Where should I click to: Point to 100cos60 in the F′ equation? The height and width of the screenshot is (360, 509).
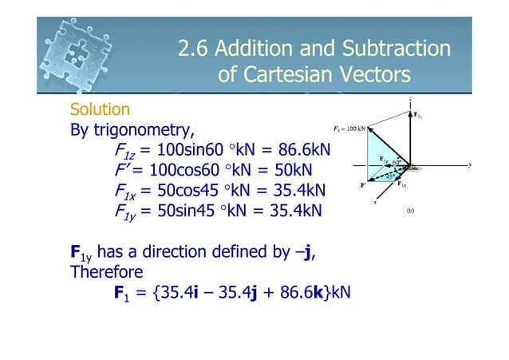point(191,170)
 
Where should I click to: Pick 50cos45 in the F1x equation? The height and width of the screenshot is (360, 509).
point(192,191)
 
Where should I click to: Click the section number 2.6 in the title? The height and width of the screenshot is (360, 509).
point(191,49)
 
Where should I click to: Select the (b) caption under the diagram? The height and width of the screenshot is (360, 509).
point(410,212)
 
